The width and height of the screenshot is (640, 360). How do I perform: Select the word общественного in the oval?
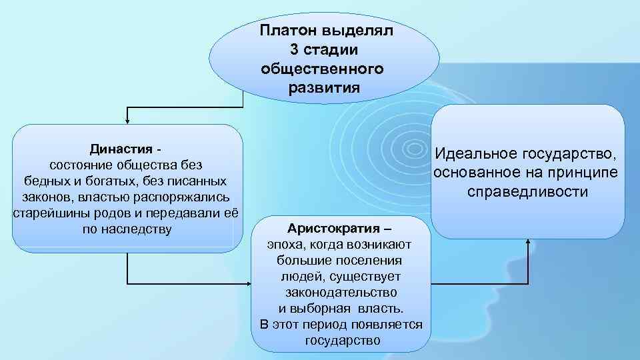tap(323, 69)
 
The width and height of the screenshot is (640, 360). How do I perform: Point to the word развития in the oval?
tap(324, 87)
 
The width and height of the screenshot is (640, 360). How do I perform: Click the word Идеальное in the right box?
tap(477, 155)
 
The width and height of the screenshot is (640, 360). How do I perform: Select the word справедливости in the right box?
tap(527, 192)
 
